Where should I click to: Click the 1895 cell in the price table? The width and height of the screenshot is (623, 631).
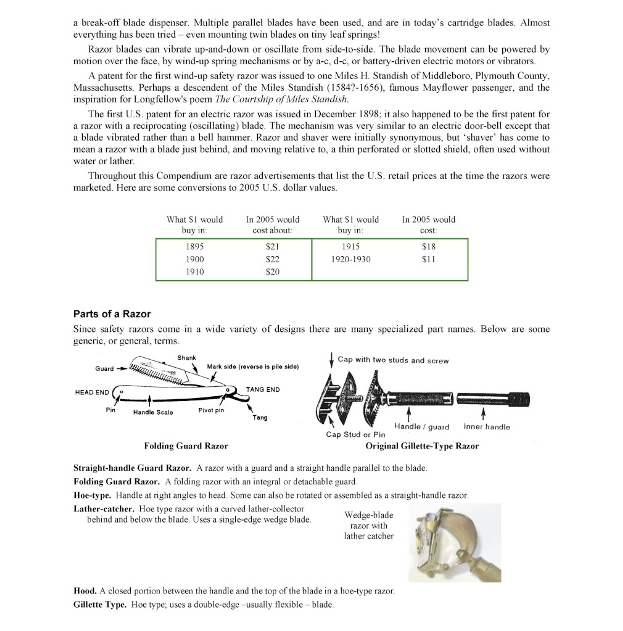[195, 247]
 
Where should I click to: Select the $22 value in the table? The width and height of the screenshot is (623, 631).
[272, 259]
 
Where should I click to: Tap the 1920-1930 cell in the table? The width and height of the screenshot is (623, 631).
[351, 259]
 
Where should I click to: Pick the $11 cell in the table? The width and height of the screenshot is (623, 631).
[428, 259]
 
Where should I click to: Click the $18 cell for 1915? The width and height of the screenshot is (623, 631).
[428, 247]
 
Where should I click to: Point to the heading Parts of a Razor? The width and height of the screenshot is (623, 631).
[112, 314]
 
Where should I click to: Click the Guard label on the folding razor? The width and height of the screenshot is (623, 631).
[104, 368]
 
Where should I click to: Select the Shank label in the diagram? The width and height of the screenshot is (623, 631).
[186, 358]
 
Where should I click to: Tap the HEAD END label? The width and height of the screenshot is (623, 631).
[92, 392]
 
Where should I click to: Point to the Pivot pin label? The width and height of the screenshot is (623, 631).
[211, 410]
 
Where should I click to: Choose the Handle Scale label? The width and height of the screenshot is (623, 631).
[153, 412]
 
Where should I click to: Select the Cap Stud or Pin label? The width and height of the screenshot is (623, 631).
[355, 434]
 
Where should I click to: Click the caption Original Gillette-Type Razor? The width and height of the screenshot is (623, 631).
[422, 446]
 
